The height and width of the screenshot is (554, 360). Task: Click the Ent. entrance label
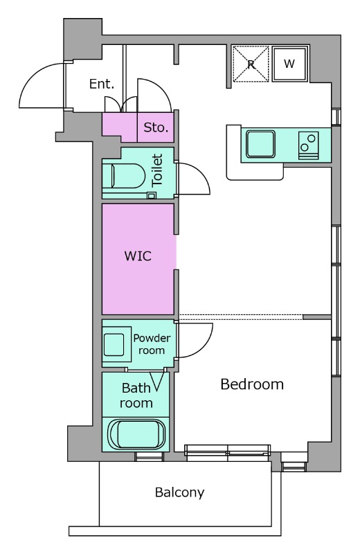102,84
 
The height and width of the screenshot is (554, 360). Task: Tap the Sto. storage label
156,127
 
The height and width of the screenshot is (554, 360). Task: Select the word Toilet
157,170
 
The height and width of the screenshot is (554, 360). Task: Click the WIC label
138,256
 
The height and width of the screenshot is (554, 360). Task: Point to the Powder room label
152,344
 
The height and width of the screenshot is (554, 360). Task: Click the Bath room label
136,395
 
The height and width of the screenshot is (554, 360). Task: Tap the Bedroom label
252,384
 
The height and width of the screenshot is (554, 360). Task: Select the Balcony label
180,492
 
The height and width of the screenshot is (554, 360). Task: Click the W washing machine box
289,64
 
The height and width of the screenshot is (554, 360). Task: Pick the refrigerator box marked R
251,64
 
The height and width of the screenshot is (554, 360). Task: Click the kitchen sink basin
261,144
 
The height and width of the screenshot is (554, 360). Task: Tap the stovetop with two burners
308,145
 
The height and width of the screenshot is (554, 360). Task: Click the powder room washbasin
114,345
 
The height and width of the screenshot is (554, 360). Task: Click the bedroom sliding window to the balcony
228,454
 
